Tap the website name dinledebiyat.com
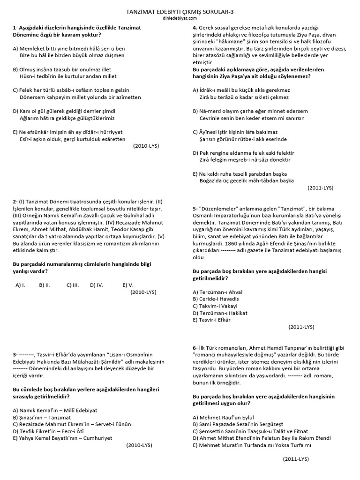[x=180, y=18]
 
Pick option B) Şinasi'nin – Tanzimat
[x=42, y=417]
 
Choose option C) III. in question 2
[x=73, y=285]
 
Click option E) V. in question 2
[x=128, y=285]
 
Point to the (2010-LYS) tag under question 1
[x=146, y=146]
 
